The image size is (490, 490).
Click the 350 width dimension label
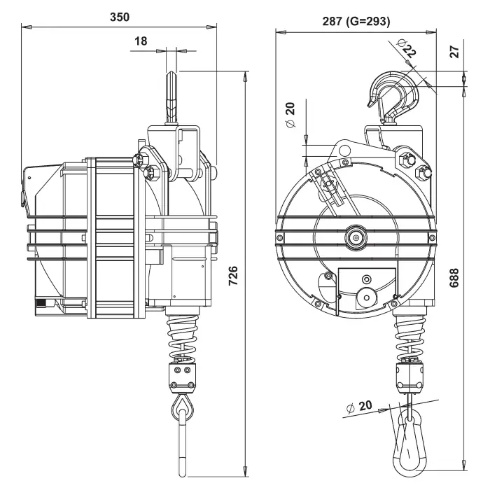(x=120, y=17)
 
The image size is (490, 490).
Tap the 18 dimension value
(x=141, y=41)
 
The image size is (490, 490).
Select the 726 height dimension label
(x=233, y=276)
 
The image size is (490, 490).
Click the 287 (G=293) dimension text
(x=356, y=21)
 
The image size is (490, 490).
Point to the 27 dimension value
(x=455, y=52)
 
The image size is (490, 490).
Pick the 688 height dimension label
(x=454, y=277)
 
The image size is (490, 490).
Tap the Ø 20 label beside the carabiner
(x=360, y=407)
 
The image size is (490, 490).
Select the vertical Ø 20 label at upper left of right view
(x=290, y=115)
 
